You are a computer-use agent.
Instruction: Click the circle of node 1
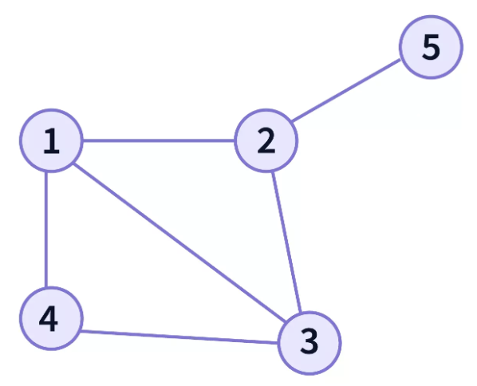(51, 140)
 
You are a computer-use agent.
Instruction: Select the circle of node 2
(266, 140)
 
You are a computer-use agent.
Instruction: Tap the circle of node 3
(309, 343)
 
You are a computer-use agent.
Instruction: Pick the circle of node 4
(51, 318)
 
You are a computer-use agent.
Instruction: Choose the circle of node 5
(431, 47)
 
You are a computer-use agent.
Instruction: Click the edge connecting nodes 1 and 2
(159, 140)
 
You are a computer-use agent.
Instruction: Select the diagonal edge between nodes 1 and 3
(180, 242)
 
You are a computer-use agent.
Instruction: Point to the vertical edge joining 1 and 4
(46, 230)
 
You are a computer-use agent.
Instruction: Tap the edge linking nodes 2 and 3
(286, 242)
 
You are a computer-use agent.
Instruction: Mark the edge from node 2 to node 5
(346, 90)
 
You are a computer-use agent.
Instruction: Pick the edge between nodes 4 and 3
(179, 337)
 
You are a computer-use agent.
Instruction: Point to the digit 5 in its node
(431, 46)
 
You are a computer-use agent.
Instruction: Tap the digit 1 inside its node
(51, 141)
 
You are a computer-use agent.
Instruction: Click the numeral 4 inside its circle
(49, 318)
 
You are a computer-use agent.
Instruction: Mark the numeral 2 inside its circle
(266, 140)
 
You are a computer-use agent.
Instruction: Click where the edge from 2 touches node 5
(401, 59)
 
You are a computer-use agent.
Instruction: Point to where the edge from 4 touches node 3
(278, 343)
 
